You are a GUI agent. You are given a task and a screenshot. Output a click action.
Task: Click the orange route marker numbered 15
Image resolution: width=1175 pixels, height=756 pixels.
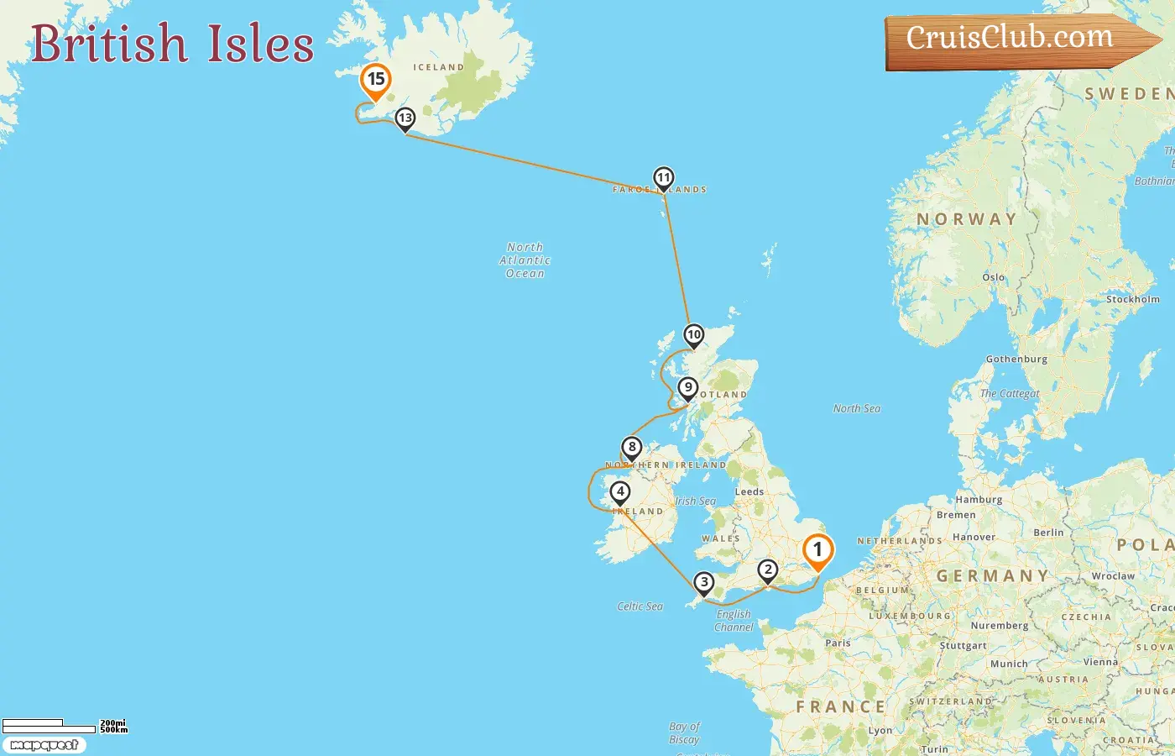pyautogui.click(x=375, y=81)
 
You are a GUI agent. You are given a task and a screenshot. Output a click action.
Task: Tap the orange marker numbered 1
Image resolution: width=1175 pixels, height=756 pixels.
pyautogui.click(x=817, y=551)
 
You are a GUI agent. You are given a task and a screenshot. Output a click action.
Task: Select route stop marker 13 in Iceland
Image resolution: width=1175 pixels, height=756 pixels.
pyautogui.click(x=405, y=119)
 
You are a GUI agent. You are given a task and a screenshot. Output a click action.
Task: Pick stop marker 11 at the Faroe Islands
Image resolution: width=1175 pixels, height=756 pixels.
pyautogui.click(x=663, y=178)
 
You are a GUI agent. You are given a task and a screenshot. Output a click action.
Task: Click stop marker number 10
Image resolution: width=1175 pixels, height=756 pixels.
pyautogui.click(x=693, y=335)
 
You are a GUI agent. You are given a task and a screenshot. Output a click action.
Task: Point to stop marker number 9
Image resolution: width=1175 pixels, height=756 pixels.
pyautogui.click(x=688, y=388)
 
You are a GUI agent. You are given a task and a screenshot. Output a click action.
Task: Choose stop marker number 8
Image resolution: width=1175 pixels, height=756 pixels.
pyautogui.click(x=632, y=448)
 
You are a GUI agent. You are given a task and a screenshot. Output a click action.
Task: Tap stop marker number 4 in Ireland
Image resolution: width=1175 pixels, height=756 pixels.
pyautogui.click(x=620, y=492)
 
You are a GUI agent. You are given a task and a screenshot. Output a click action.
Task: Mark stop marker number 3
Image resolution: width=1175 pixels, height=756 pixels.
pyautogui.click(x=703, y=582)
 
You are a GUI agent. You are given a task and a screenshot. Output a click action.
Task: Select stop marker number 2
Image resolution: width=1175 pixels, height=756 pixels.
pyautogui.click(x=768, y=571)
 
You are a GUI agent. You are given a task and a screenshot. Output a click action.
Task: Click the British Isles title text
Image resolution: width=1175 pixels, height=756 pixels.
pyautogui.click(x=172, y=44)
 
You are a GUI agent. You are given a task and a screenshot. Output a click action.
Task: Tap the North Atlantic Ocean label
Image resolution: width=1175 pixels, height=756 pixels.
pyautogui.click(x=525, y=260)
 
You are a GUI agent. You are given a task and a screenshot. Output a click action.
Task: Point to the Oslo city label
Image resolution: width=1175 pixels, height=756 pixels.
pyautogui.click(x=993, y=277)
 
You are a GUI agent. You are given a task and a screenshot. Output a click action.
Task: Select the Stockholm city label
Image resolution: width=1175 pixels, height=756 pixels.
pyautogui.click(x=1132, y=299)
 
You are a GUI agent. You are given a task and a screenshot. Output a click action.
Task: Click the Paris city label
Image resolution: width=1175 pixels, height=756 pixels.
pyautogui.click(x=838, y=643)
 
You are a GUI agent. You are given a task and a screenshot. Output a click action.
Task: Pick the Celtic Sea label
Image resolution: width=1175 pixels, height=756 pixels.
pyautogui.click(x=640, y=606)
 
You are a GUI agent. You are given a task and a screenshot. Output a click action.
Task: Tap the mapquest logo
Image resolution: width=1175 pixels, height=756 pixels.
pyautogui.click(x=44, y=745)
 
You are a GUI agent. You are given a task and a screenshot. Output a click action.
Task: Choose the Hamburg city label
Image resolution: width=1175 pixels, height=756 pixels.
pyautogui.click(x=979, y=500)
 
